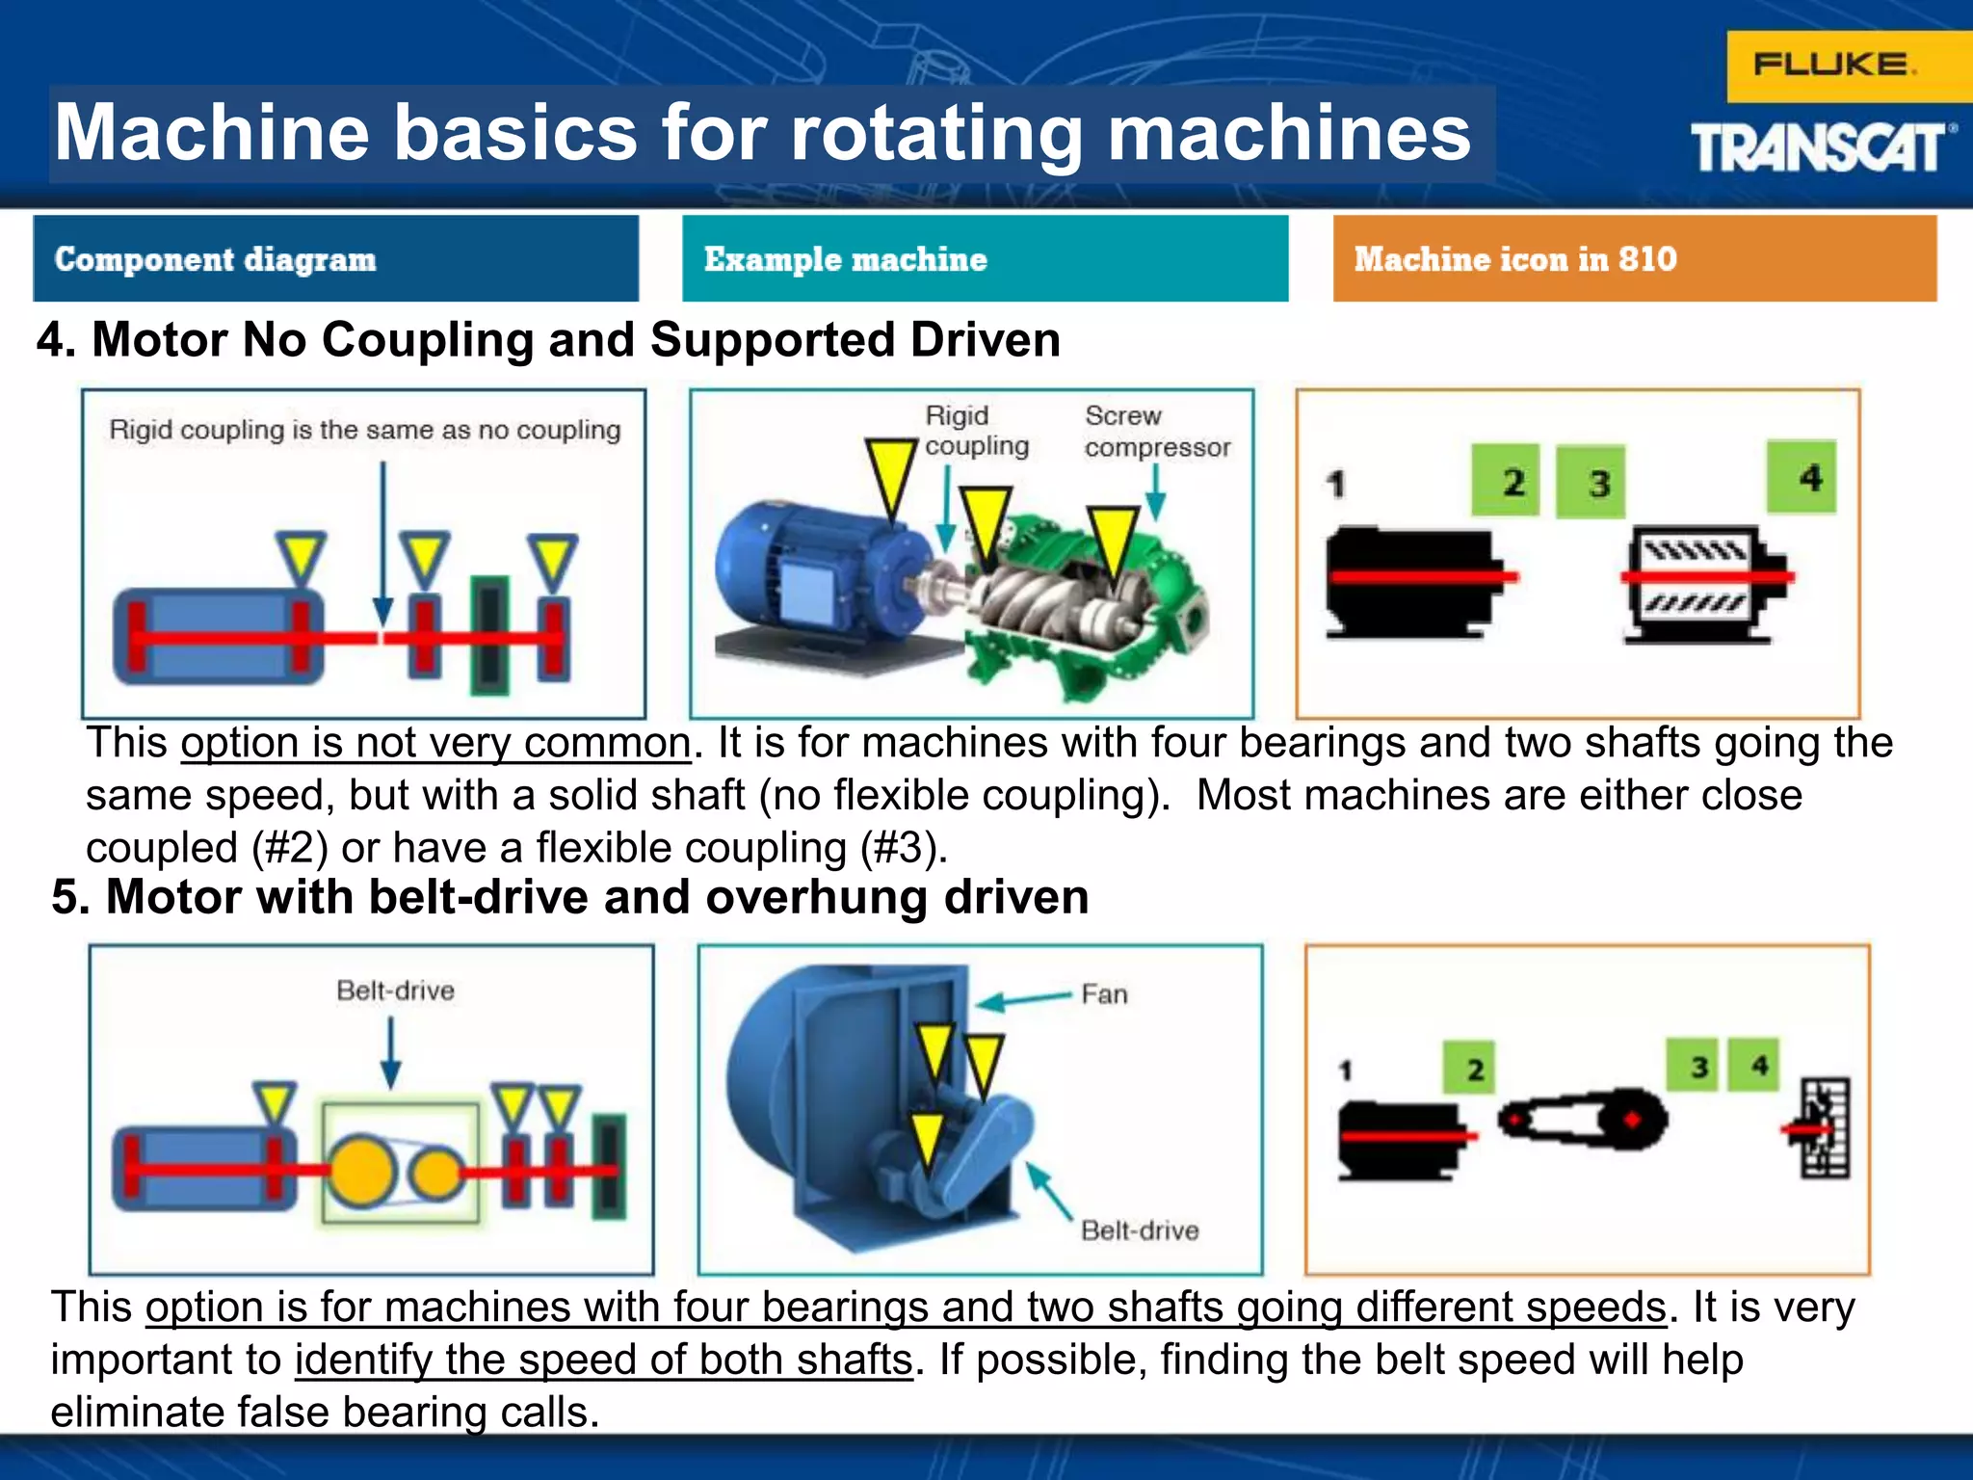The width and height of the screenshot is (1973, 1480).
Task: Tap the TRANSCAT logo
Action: click(1821, 148)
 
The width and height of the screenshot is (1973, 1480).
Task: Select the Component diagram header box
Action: click(335, 258)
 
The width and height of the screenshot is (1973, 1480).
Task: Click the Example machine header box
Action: click(985, 258)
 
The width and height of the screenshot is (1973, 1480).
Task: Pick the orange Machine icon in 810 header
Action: click(1634, 258)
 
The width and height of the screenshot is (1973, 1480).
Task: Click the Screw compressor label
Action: click(1156, 432)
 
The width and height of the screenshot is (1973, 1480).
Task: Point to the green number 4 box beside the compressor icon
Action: click(1800, 478)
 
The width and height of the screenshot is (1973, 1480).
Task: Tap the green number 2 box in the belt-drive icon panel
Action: click(1468, 1068)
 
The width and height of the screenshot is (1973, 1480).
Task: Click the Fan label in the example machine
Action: click(1104, 994)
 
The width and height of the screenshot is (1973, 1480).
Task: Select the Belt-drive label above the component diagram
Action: click(395, 991)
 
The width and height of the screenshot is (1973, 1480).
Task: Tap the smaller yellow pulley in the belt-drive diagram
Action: click(435, 1172)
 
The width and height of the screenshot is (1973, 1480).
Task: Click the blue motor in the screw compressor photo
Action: click(819, 578)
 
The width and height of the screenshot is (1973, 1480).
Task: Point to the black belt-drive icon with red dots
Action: click(1582, 1120)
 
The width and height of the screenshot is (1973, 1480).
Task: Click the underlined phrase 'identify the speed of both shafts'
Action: click(603, 1360)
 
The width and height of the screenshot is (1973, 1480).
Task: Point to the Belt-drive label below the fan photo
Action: click(1139, 1230)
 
